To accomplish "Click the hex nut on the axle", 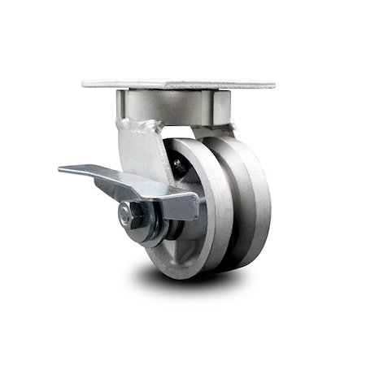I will pos(127,215).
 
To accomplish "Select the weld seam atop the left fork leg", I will pos(135,124).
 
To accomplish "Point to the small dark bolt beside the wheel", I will pos(176,163).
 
